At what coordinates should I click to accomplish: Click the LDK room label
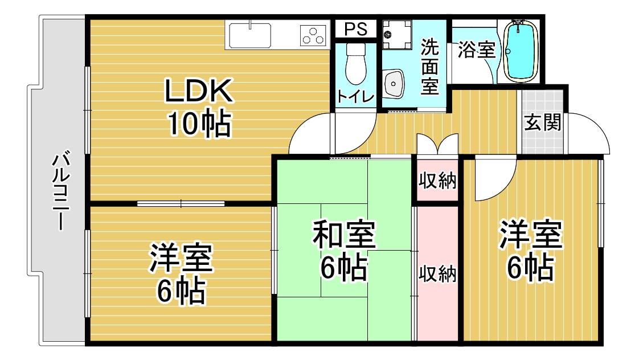coord(198,91)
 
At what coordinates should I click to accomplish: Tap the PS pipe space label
coord(356,29)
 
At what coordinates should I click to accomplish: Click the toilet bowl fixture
coord(355,63)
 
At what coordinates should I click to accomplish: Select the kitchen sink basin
coord(250,35)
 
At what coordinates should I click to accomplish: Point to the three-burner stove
coord(314,35)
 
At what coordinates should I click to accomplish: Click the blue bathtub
coord(519,51)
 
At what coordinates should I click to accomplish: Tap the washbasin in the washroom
coord(394,84)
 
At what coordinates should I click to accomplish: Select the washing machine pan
coord(396,35)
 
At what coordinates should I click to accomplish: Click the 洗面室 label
coord(430,67)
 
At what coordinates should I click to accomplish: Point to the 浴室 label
coord(476,50)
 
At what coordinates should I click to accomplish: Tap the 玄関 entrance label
coord(542,122)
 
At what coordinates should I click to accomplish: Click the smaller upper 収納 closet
coord(437,180)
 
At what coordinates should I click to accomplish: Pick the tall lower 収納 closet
coord(437,273)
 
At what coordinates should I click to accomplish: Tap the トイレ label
coord(355,97)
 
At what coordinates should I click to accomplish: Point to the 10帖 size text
coord(199,123)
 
